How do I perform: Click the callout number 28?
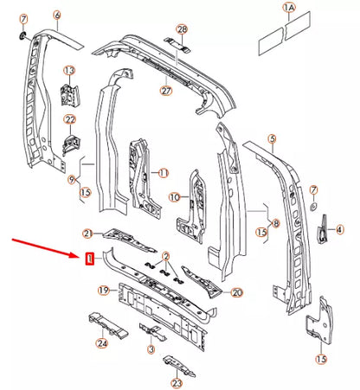pyautogui.click(x=182, y=29)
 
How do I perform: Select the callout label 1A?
pyautogui.click(x=289, y=8)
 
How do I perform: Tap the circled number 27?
pyautogui.click(x=166, y=91)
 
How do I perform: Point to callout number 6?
pyautogui.click(x=57, y=15)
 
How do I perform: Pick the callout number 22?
pyautogui.click(x=70, y=119)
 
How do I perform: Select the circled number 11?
pyautogui.click(x=164, y=173)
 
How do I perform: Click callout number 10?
pyautogui.click(x=175, y=197)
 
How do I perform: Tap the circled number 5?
pyautogui.click(x=272, y=139)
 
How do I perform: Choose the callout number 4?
pyautogui.click(x=340, y=230)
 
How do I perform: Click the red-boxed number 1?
pyautogui.click(x=90, y=259)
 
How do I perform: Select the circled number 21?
pyautogui.click(x=87, y=233)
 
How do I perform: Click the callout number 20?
pyautogui.click(x=237, y=293)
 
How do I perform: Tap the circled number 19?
pyautogui.click(x=104, y=290)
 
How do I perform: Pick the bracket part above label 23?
pyautogui.click(x=179, y=366)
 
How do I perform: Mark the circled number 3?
pyautogui.click(x=151, y=349)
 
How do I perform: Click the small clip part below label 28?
pyautogui.click(x=177, y=45)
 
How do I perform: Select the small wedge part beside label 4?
pyautogui.click(x=322, y=230)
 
